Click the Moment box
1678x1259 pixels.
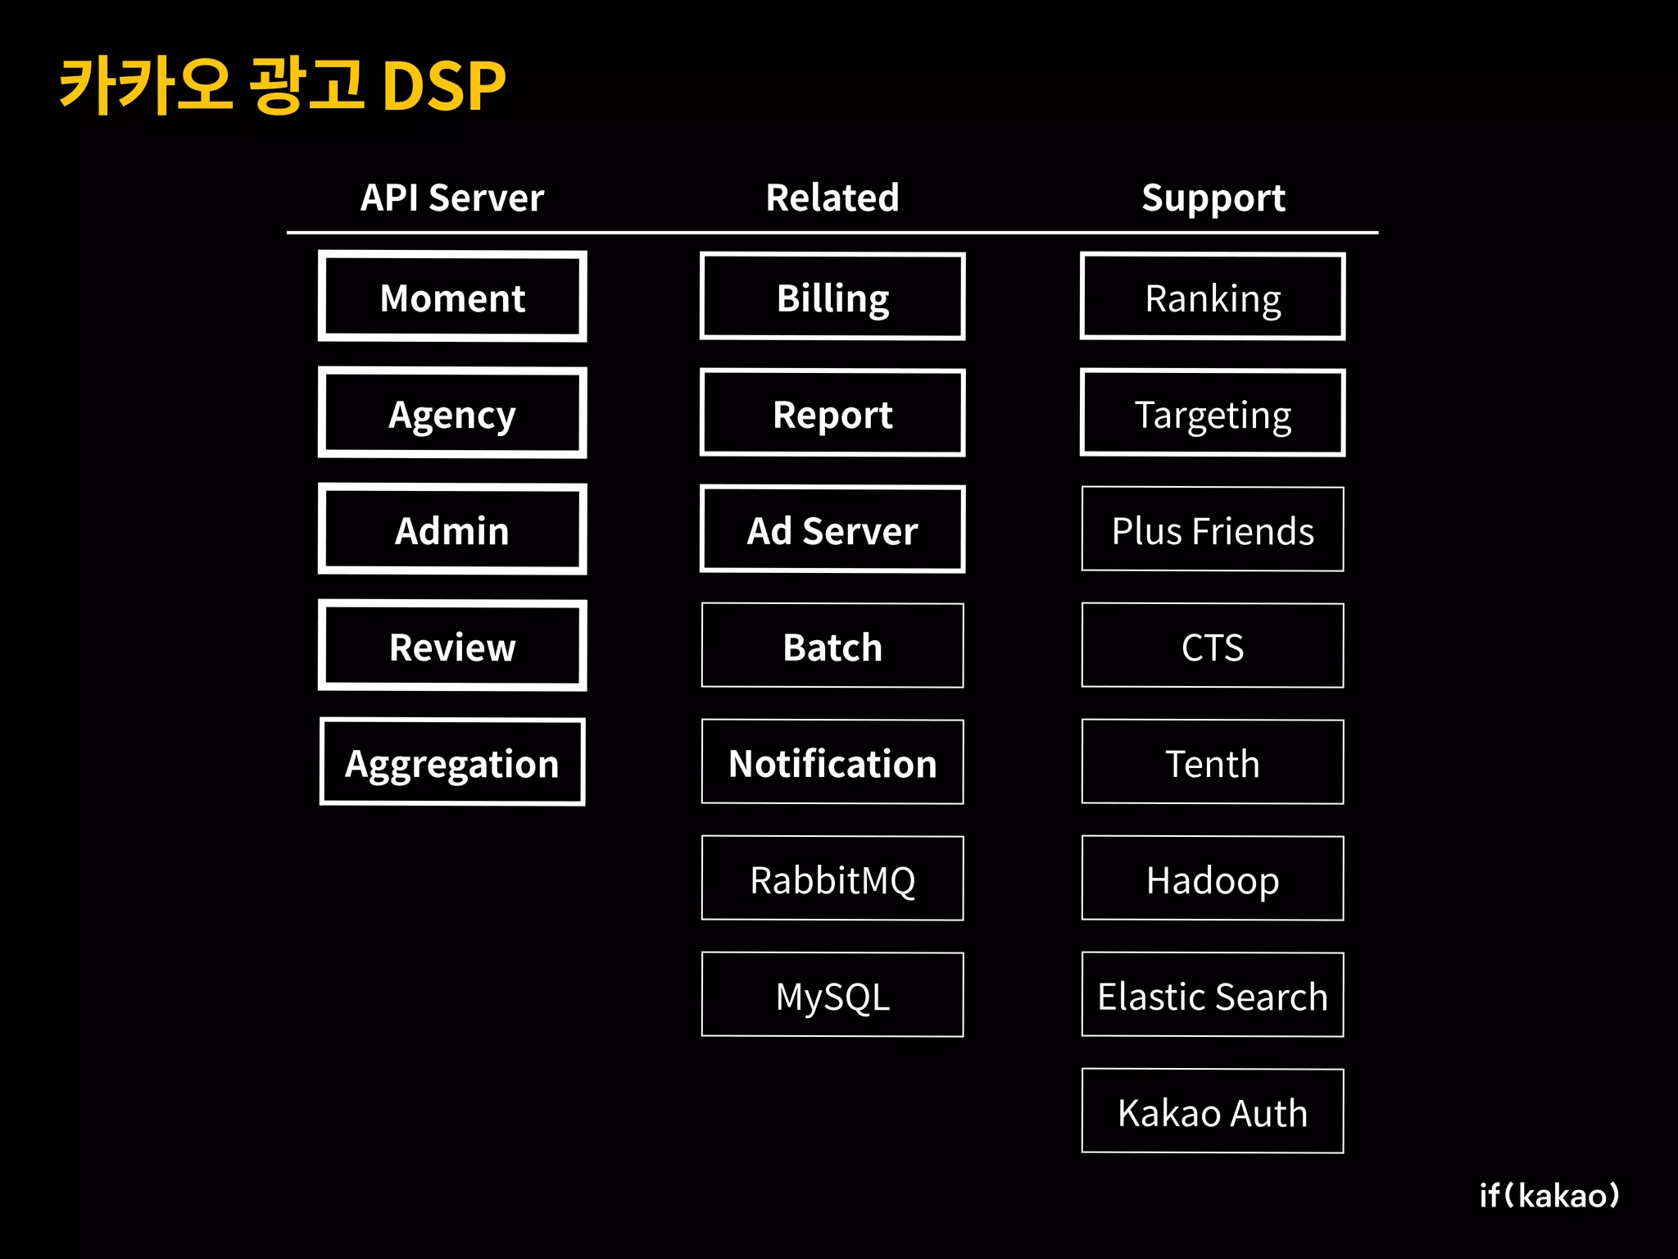(x=452, y=297)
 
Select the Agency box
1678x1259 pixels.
(x=452, y=413)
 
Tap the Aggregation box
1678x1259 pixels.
(x=452, y=762)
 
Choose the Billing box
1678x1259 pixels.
(x=832, y=297)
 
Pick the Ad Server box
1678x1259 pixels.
(x=832, y=530)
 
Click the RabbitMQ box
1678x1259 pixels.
(x=832, y=879)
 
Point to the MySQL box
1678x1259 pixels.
(x=832, y=995)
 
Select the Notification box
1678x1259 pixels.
(x=832, y=762)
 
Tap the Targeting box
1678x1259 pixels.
(x=1213, y=413)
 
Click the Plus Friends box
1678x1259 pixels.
(x=1213, y=530)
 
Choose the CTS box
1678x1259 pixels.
(x=1213, y=646)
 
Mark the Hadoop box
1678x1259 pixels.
(x=1213, y=879)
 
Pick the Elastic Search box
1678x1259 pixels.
(x=1213, y=995)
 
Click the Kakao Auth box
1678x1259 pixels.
(x=1213, y=1111)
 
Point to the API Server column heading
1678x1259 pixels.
(x=452, y=198)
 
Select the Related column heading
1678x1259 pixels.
(x=832, y=198)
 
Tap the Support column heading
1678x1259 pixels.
(x=1213, y=198)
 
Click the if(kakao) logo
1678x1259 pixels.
(x=1549, y=1195)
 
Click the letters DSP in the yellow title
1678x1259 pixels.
(x=444, y=86)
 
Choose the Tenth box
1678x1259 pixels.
(x=1213, y=762)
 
